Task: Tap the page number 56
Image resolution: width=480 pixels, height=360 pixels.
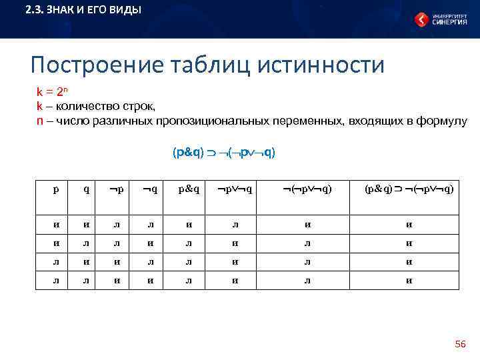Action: pyautogui.click(x=460, y=344)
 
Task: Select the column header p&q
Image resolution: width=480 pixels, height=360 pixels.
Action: pyautogui.click(x=189, y=189)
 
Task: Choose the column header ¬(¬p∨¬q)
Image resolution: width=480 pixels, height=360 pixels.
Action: pyautogui.click(x=306, y=189)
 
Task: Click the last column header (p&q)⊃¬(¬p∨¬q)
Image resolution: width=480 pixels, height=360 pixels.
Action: pyautogui.click(x=409, y=189)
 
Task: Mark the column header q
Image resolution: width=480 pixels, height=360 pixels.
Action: pyautogui.click(x=87, y=189)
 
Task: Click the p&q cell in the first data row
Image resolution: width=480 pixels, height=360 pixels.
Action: pyautogui.click(x=189, y=225)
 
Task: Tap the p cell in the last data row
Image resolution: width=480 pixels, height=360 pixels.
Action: pyautogui.click(x=56, y=280)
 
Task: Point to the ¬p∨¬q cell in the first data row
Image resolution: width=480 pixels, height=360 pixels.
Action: pyautogui.click(x=234, y=225)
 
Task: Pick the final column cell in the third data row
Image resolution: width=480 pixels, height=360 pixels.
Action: pyautogui.click(x=409, y=262)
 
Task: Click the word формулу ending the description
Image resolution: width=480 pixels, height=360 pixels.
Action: pyautogui.click(x=445, y=121)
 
